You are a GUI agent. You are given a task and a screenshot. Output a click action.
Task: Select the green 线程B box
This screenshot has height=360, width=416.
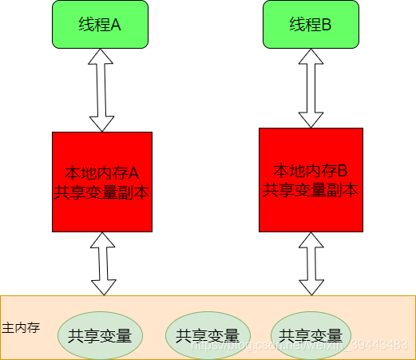click(309, 24)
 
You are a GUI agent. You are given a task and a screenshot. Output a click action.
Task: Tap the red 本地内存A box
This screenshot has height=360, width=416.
click(101, 182)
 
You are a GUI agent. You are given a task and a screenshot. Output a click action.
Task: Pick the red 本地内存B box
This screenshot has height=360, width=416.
click(311, 180)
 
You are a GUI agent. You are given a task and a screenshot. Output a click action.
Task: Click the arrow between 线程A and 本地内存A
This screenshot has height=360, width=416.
click(102, 89)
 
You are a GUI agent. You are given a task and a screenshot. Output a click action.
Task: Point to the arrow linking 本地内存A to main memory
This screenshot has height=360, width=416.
click(102, 263)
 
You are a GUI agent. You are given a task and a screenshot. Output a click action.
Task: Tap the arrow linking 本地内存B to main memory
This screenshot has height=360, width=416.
click(310, 263)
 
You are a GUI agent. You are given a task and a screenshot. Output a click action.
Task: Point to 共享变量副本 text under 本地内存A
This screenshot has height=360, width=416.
click(101, 192)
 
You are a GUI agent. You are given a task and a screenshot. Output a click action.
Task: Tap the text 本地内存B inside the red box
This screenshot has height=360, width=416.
click(311, 171)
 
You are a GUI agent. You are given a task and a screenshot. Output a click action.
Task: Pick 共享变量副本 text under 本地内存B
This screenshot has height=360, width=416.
click(311, 189)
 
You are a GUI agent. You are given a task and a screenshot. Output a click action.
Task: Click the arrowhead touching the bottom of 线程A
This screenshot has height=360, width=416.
click(102, 54)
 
